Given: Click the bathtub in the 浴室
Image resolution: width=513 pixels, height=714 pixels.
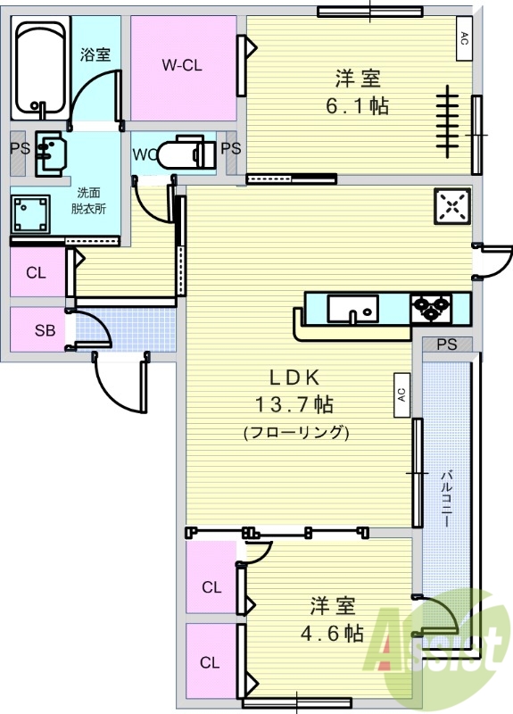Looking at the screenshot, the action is click(40, 69).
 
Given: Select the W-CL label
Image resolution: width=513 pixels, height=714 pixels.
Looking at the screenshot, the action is click(182, 65).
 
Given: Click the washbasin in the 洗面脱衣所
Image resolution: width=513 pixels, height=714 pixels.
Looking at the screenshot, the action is click(50, 154).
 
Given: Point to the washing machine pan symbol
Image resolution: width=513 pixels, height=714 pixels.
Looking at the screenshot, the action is click(30, 214).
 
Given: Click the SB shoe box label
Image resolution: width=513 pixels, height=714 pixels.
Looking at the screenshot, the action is click(46, 330).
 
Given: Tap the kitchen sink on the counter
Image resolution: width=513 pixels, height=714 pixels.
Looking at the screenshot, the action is click(352, 309).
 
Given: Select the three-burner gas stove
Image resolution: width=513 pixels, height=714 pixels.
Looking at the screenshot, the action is click(431, 309).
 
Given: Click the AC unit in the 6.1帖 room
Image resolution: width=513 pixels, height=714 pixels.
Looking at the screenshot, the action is click(464, 38).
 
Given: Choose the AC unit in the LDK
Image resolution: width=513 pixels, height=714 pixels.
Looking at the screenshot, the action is click(401, 395).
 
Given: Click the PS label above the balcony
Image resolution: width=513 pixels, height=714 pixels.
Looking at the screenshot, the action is click(447, 345).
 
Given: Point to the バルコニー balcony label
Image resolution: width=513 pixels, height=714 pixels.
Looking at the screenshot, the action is click(447, 499).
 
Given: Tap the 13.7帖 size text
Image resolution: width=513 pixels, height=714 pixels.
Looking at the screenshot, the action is click(294, 404).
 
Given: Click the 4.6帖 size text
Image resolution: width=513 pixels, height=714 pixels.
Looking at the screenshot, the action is click(332, 634).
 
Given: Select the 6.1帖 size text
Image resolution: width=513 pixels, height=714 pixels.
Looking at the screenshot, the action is click(358, 106).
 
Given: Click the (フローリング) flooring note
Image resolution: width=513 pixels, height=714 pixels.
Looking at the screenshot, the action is click(296, 432).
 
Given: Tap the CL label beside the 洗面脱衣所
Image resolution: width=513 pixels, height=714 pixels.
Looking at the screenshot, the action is click(36, 273).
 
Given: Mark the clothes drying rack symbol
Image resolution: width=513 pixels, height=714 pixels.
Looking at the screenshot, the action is click(449, 121).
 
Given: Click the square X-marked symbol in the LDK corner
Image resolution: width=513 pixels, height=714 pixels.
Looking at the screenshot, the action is click(452, 206).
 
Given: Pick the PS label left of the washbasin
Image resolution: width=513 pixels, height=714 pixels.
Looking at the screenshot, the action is click(20, 149).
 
